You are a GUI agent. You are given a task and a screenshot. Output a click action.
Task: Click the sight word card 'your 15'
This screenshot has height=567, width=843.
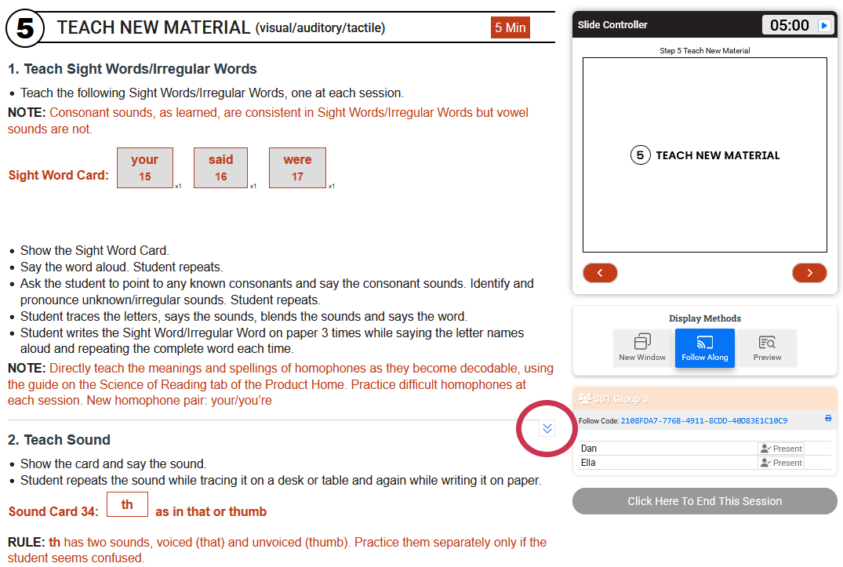coord(144,168)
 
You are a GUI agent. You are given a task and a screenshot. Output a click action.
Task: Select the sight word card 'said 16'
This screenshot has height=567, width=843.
coord(220,168)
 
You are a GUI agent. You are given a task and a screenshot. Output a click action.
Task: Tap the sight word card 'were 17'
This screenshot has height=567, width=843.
coord(297,168)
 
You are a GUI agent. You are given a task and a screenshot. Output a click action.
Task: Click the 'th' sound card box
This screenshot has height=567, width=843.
coord(127,504)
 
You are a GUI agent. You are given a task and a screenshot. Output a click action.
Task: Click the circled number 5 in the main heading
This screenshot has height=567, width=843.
coord(25,28)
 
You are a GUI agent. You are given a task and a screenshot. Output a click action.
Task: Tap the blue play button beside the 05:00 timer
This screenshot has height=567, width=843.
coord(823,25)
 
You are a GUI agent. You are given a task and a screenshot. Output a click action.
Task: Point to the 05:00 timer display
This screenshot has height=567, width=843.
coord(789,25)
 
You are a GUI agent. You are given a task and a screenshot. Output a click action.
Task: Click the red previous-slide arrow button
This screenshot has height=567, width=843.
coord(600,273)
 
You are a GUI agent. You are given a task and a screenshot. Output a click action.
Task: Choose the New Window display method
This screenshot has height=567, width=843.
coord(642,347)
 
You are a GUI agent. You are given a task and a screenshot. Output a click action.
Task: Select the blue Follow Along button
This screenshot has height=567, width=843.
coord(705,347)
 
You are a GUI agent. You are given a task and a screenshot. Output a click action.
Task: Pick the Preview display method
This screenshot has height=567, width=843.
coord(767,347)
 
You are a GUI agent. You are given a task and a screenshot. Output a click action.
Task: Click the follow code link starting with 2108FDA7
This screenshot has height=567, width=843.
coord(703,421)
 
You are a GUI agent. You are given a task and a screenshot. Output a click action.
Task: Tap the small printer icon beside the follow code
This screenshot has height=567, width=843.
coord(828,418)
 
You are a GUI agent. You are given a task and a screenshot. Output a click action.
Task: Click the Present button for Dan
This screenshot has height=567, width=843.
coord(781,449)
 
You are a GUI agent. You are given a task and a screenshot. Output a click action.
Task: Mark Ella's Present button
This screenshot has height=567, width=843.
coord(781,463)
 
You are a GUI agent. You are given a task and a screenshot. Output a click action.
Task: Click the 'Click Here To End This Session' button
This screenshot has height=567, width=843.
coord(704,501)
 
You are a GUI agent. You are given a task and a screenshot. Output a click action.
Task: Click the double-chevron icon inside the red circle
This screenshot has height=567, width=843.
coord(547,428)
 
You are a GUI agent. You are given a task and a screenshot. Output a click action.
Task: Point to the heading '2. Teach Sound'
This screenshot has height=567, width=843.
coord(59,440)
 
